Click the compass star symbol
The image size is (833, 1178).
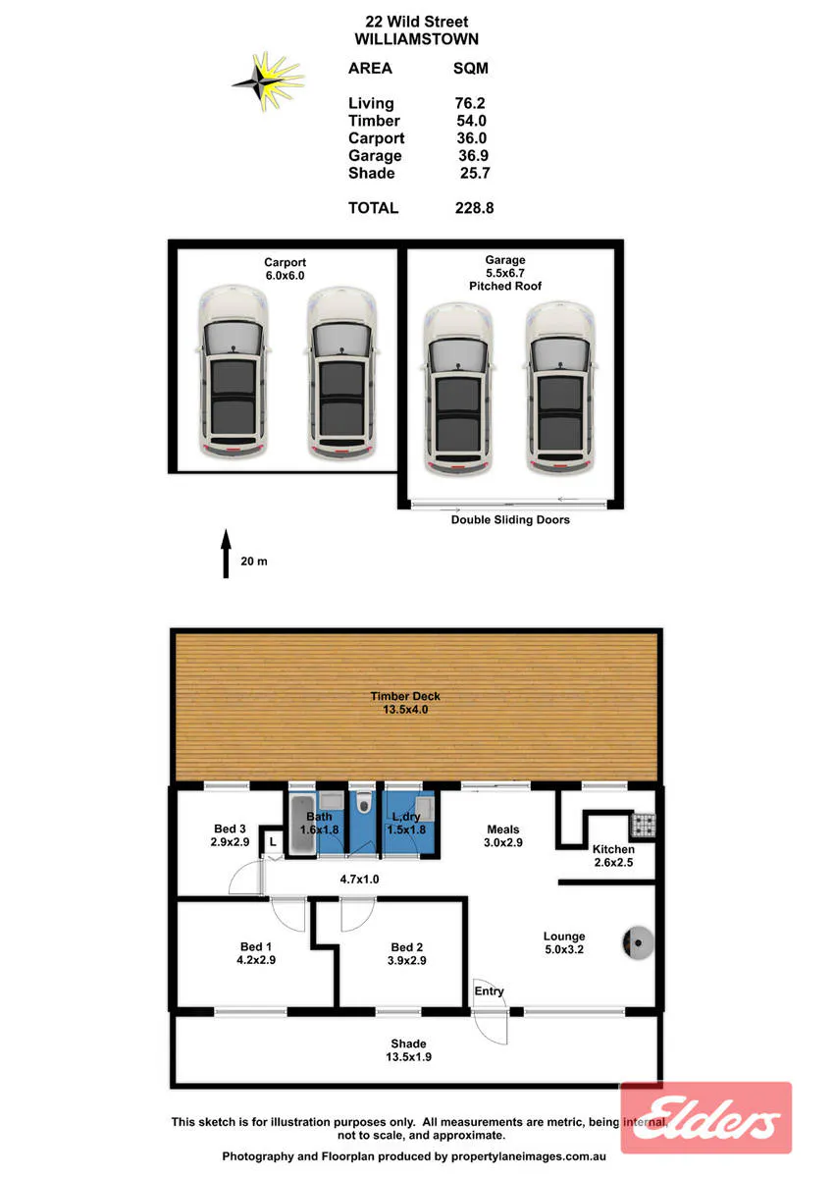[x=268, y=81]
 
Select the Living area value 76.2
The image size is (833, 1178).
[x=470, y=103]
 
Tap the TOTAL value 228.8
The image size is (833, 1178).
[x=474, y=208]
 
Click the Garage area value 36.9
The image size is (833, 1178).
[x=473, y=155]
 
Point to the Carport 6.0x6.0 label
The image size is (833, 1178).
[x=285, y=269]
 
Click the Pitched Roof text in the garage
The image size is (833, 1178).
[x=505, y=286]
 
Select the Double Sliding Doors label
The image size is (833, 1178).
[x=510, y=519]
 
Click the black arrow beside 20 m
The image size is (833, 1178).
[x=226, y=554]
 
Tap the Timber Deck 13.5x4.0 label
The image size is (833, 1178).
[x=405, y=703]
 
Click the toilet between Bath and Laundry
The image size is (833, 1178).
[x=363, y=804]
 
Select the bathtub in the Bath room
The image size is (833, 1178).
[x=302, y=824]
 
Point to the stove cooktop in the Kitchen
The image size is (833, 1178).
[x=644, y=824]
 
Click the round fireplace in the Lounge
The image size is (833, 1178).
[x=638, y=943]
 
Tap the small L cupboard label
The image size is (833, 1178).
[x=273, y=842]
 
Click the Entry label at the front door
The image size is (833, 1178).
[x=489, y=991]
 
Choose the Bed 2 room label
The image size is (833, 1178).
[x=407, y=953]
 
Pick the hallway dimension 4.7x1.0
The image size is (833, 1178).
[x=359, y=879]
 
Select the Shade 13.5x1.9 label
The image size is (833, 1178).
[x=408, y=1049]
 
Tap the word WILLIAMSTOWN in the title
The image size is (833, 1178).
[x=416, y=39]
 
